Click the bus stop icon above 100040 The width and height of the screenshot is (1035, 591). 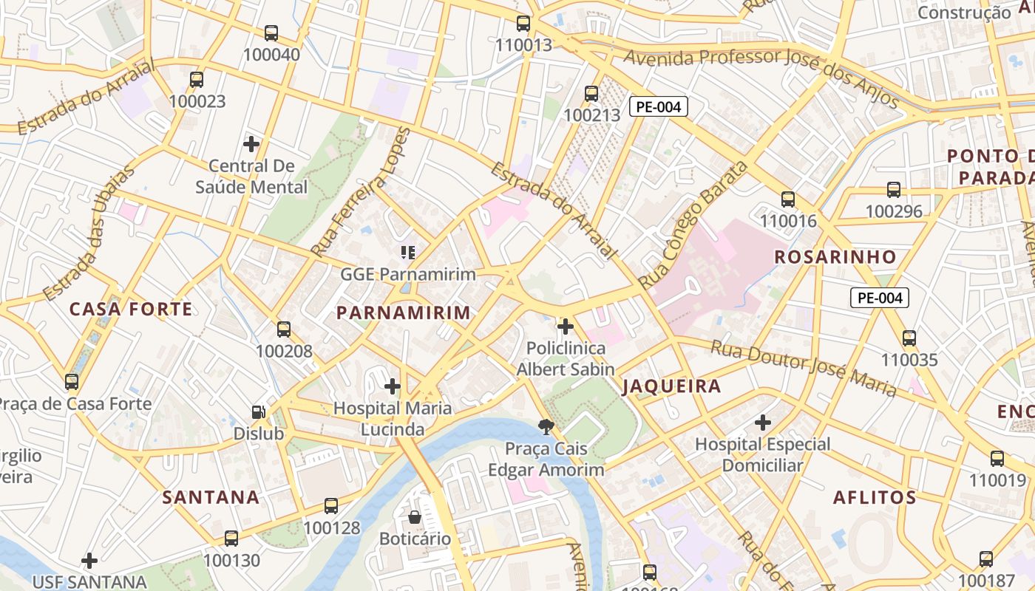(271, 33)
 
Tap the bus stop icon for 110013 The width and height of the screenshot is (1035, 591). (523, 24)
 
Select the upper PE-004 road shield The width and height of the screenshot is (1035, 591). (658, 106)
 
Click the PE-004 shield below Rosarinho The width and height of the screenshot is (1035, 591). (879, 298)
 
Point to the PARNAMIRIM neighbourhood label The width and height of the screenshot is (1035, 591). (404, 312)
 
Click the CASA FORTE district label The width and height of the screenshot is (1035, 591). (131, 309)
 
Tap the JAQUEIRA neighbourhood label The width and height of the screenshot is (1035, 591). (671, 386)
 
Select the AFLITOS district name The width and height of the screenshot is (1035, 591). (875, 497)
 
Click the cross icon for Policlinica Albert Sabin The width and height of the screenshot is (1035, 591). (566, 326)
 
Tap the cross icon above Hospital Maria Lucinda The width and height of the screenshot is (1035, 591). (393, 386)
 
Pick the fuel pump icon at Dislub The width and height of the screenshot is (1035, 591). (258, 412)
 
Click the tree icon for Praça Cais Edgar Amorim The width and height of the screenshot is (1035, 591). (546, 426)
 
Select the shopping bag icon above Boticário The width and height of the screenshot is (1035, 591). (415, 516)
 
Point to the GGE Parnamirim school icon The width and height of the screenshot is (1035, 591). (407, 253)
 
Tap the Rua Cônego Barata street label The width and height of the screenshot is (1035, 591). (693, 225)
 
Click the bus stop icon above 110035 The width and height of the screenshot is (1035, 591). (909, 338)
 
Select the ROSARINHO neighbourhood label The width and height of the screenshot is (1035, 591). (835, 257)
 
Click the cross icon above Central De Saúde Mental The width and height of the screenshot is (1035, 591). (251, 143)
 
